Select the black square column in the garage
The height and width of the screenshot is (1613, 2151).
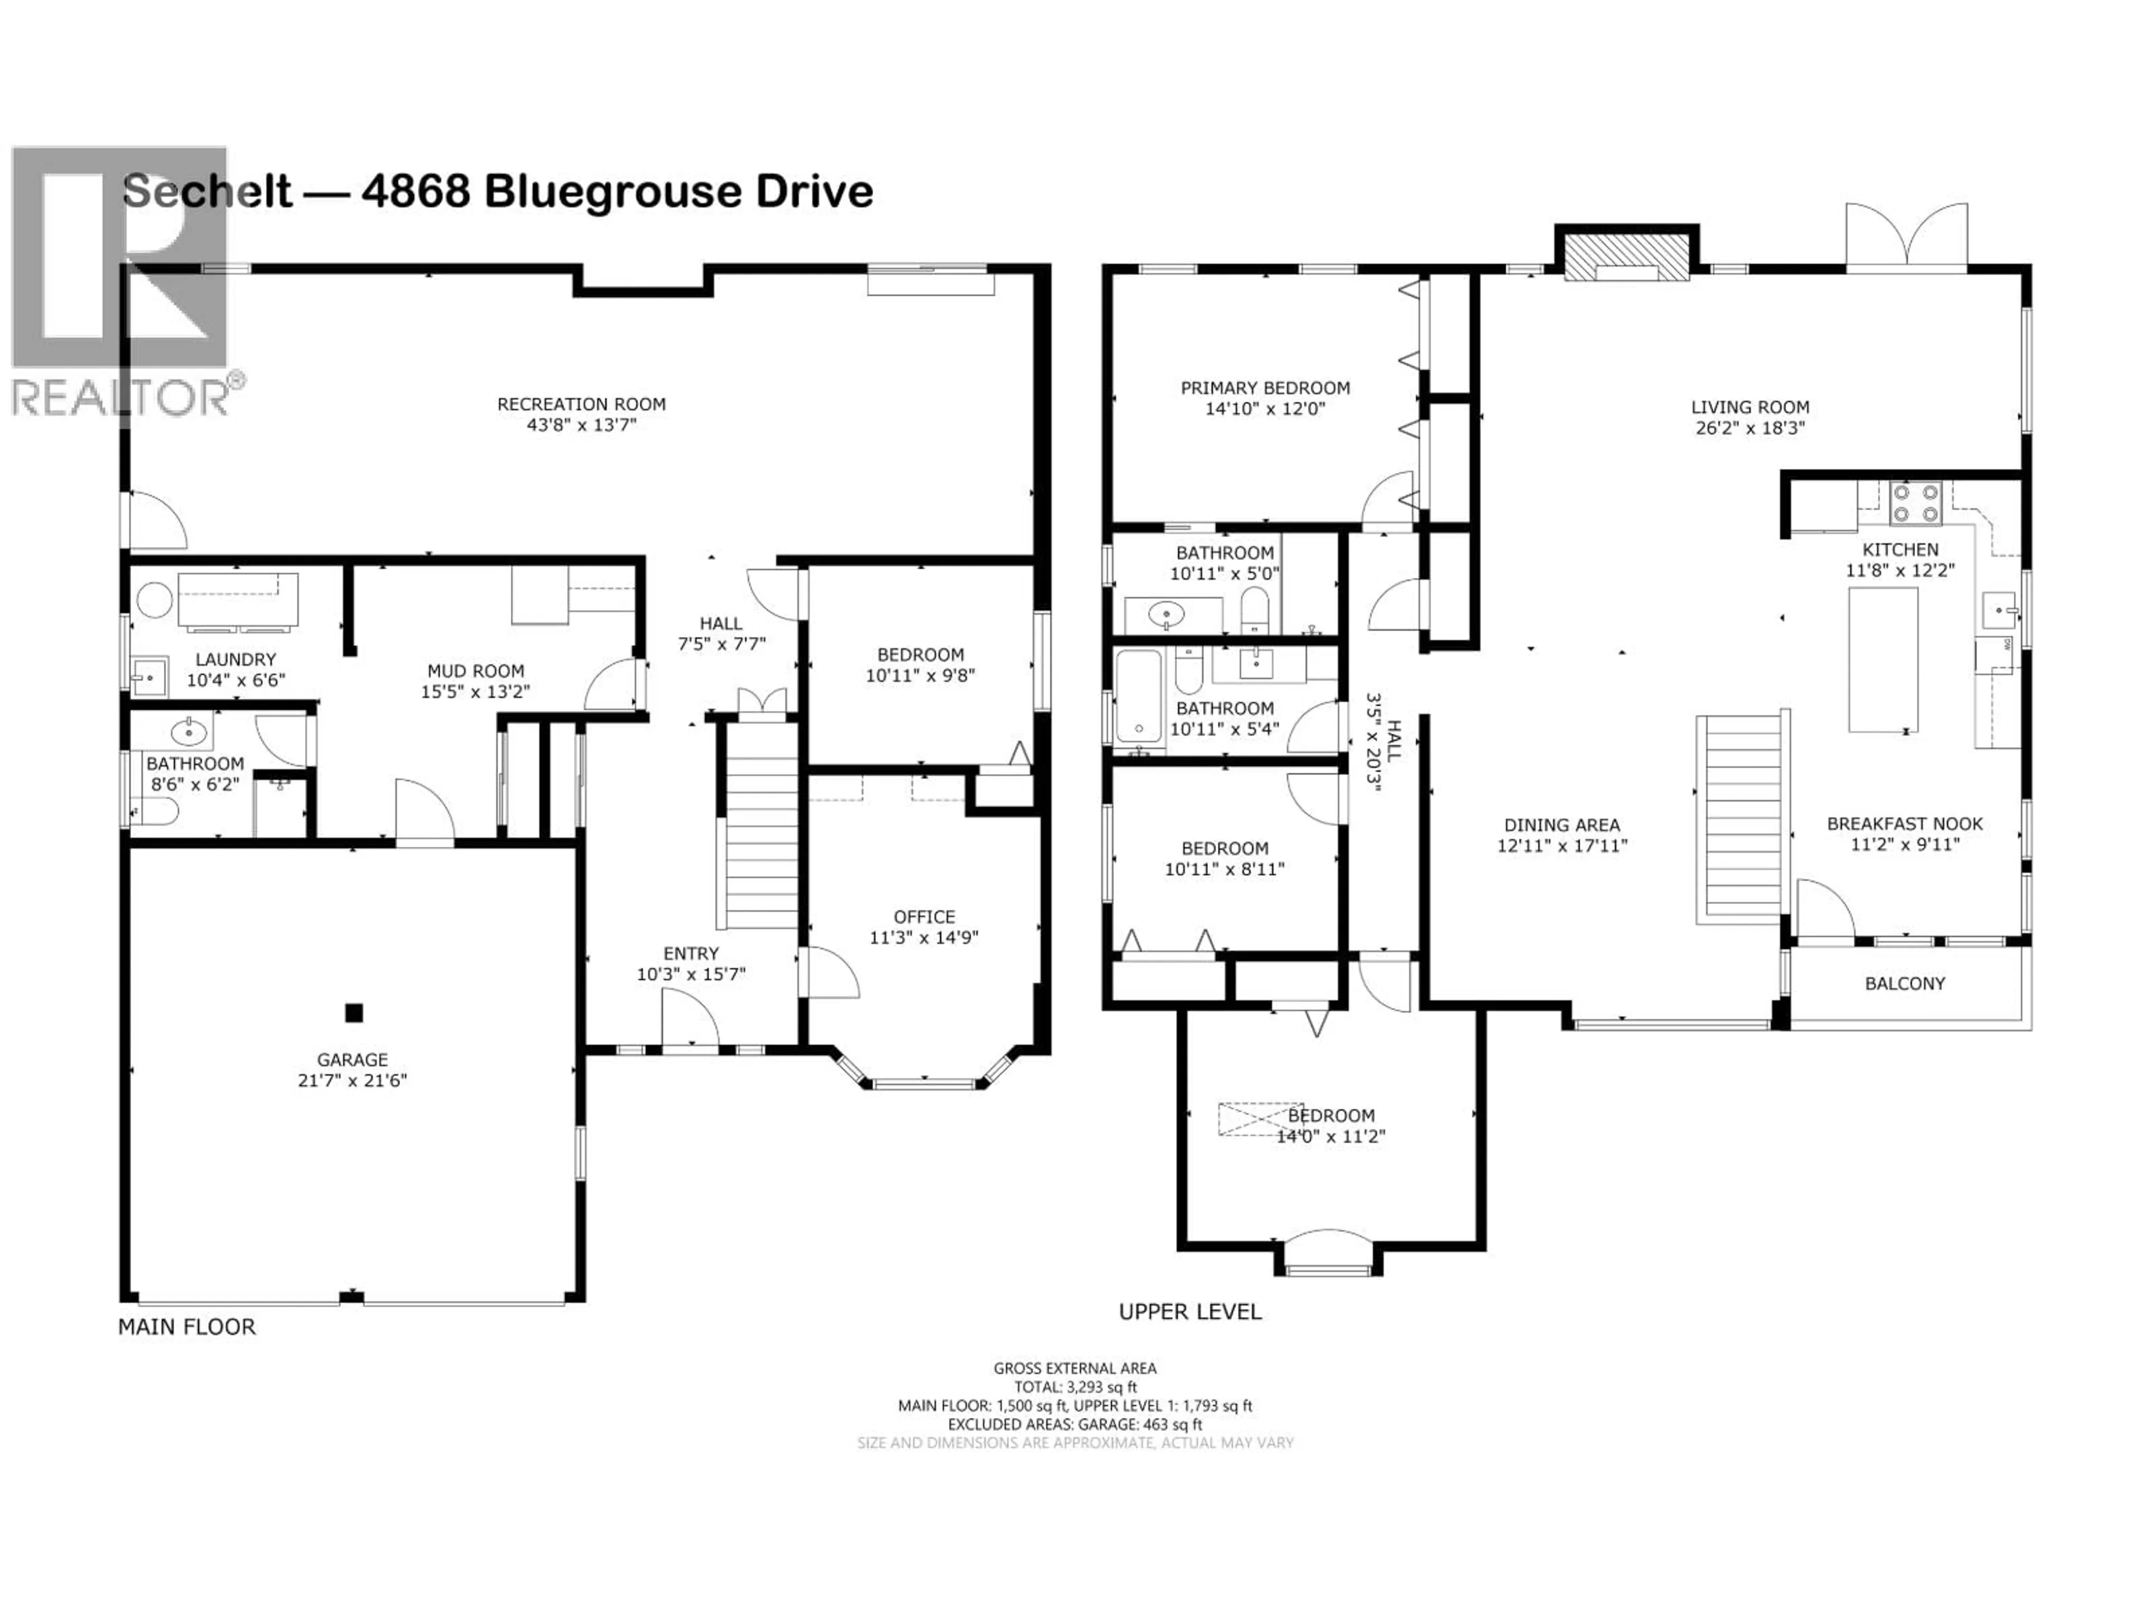pos(354,1013)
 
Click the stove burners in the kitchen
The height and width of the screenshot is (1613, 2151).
pos(1915,504)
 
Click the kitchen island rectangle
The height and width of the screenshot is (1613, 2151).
pos(1883,659)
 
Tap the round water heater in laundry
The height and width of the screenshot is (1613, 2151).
pos(153,600)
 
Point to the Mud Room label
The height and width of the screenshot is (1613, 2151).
pos(476,671)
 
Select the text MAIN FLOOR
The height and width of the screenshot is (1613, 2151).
pos(187,1327)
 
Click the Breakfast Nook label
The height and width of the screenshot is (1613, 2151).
pos(1904,823)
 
